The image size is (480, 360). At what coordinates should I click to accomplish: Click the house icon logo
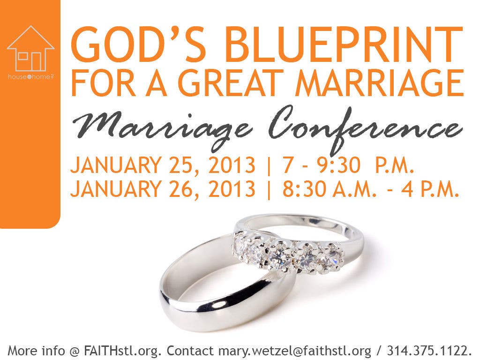(x=30, y=48)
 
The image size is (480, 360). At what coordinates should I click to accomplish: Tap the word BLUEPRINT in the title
(x=345, y=45)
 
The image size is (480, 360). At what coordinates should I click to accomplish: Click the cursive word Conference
(x=366, y=128)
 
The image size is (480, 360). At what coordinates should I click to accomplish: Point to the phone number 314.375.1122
(x=426, y=350)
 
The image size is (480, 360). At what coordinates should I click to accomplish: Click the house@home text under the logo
(x=30, y=77)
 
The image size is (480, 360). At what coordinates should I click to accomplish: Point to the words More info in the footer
(x=36, y=350)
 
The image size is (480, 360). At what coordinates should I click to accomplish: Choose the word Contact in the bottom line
(x=190, y=350)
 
